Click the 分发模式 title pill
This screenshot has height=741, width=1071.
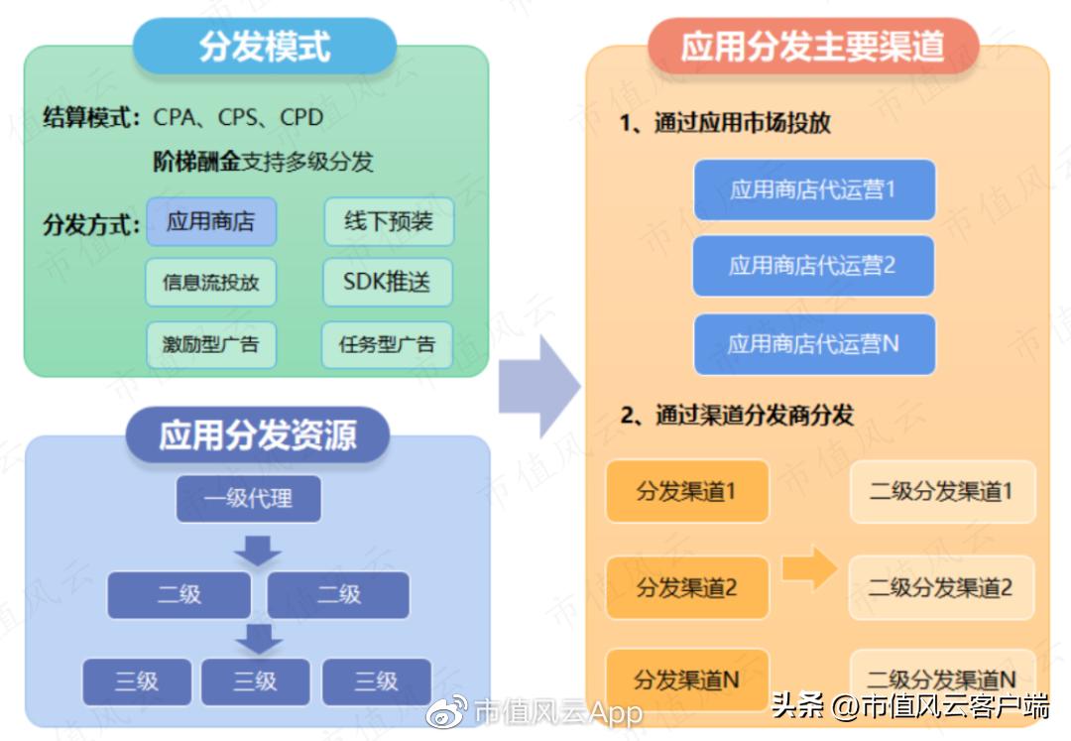264,47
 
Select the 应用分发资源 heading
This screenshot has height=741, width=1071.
258,435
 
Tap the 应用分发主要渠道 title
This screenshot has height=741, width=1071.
812,47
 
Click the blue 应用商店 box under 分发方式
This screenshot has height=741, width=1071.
210,221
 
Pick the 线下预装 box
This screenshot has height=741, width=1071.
389,221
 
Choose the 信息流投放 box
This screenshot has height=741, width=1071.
210,283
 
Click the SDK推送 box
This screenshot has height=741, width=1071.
389,283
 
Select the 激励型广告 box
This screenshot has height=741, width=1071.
210,344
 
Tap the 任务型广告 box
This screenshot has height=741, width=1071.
389,344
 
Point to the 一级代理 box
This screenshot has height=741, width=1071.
248,498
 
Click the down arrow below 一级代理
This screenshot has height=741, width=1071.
260,549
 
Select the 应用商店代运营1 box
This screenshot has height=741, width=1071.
812,189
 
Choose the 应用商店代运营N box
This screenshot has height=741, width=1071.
812,344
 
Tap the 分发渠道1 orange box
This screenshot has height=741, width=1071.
686,491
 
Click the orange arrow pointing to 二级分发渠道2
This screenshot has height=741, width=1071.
809,567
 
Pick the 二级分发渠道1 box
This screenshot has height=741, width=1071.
941,491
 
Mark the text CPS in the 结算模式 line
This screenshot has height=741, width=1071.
237,118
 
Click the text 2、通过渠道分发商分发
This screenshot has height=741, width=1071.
737,415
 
